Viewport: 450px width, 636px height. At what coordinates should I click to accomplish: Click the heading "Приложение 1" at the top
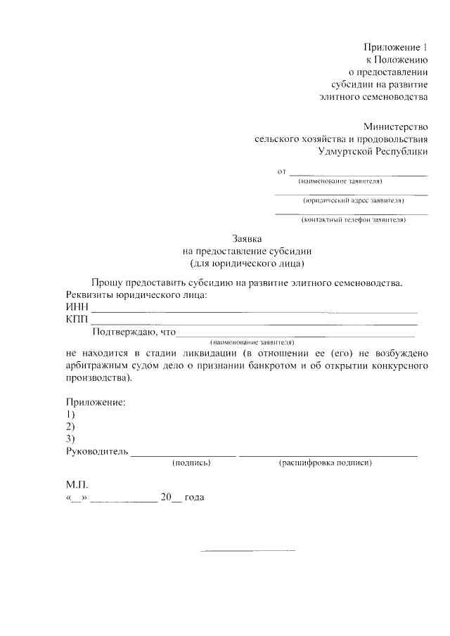pos(395,47)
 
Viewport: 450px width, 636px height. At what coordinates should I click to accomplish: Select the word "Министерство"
pos(395,126)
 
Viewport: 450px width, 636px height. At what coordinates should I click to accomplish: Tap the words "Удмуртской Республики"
pos(372,151)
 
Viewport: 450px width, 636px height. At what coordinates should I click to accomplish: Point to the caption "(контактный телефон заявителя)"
pos(353,220)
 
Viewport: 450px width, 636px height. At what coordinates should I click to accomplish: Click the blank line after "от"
pos(359,173)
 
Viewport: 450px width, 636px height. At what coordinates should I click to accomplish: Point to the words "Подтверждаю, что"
pos(133,332)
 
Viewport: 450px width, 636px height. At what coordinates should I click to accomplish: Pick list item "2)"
pos(70,427)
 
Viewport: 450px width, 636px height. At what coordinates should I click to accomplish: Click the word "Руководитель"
pos(97,451)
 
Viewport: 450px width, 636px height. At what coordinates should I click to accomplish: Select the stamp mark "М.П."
pos(77,485)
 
